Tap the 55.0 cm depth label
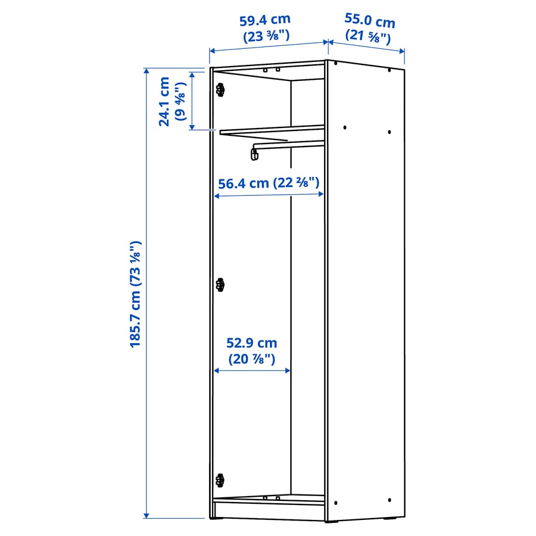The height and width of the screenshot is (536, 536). [x=369, y=21]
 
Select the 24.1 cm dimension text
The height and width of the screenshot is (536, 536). [x=164, y=101]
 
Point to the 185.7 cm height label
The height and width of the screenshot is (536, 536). [x=135, y=294]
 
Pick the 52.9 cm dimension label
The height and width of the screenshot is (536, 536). [x=251, y=343]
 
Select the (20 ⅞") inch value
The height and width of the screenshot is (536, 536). [x=251, y=359]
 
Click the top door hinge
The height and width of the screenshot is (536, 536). [x=220, y=90]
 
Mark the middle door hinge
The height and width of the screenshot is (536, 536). [x=220, y=285]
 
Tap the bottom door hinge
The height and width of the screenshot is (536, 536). [x=220, y=479]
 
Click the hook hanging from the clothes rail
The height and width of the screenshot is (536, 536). [x=255, y=154]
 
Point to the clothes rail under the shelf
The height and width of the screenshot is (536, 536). [x=289, y=144]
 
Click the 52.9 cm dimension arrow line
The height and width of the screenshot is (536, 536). [x=252, y=370]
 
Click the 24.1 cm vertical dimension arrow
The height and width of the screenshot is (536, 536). [x=192, y=100]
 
